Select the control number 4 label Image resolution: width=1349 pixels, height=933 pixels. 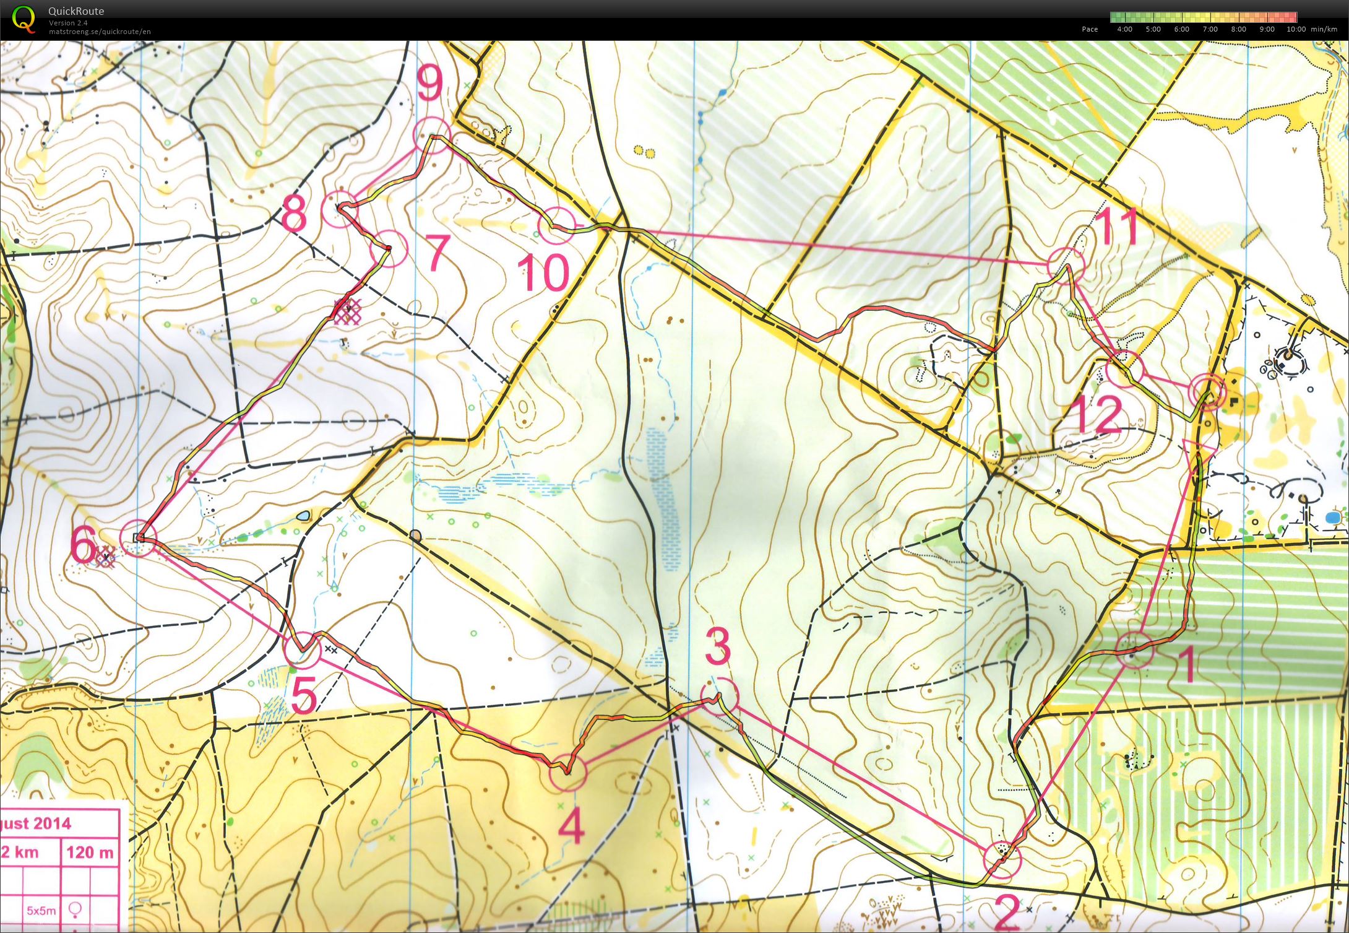coord(571,827)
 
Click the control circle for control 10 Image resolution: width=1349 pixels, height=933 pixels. coord(557,226)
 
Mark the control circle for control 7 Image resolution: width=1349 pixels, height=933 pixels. coord(389,248)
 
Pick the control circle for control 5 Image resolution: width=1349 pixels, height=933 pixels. coord(303,649)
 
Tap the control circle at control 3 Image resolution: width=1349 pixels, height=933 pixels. coord(720,696)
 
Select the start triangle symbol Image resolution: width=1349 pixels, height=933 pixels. coord(1199,451)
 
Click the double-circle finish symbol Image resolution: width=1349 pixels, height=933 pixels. coord(1208,391)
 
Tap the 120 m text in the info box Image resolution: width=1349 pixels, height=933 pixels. coord(90,853)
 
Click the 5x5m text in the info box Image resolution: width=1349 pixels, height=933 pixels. coord(41,911)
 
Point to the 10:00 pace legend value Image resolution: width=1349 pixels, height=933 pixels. coord(1296,29)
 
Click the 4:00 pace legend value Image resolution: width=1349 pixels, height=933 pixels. coord(1124,29)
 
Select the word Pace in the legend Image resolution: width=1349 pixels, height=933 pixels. coord(1090,29)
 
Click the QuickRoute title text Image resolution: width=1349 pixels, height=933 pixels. coord(76,11)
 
